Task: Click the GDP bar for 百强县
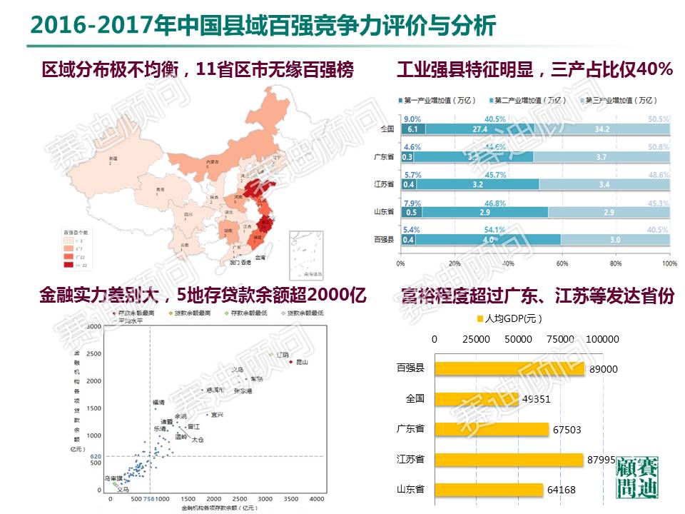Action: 509,368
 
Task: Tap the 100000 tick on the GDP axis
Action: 602,338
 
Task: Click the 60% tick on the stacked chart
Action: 561,263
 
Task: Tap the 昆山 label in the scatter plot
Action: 301,363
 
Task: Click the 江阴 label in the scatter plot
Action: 283,354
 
